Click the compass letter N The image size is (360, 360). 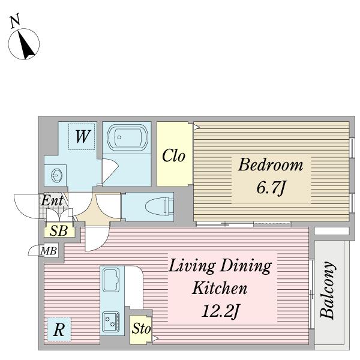coord(16,21)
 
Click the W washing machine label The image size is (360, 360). coord(82,136)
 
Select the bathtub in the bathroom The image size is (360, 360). coord(127,137)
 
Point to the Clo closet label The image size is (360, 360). coord(173,155)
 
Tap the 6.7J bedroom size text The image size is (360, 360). coord(271,188)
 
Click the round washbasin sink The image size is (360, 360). coord(56,175)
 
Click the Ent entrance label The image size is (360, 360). coord(52,200)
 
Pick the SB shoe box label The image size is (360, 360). coord(59,230)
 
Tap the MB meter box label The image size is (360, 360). coord(49,251)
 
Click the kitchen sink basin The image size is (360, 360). coord(111,280)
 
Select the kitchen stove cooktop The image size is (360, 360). coord(111,322)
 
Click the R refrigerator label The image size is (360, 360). coord(59,330)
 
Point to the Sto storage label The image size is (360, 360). coord(141,328)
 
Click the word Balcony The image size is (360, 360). coord(327,290)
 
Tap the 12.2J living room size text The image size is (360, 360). coord(220,311)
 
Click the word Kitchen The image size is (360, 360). coord(219,288)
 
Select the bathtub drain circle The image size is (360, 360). coord(119,137)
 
